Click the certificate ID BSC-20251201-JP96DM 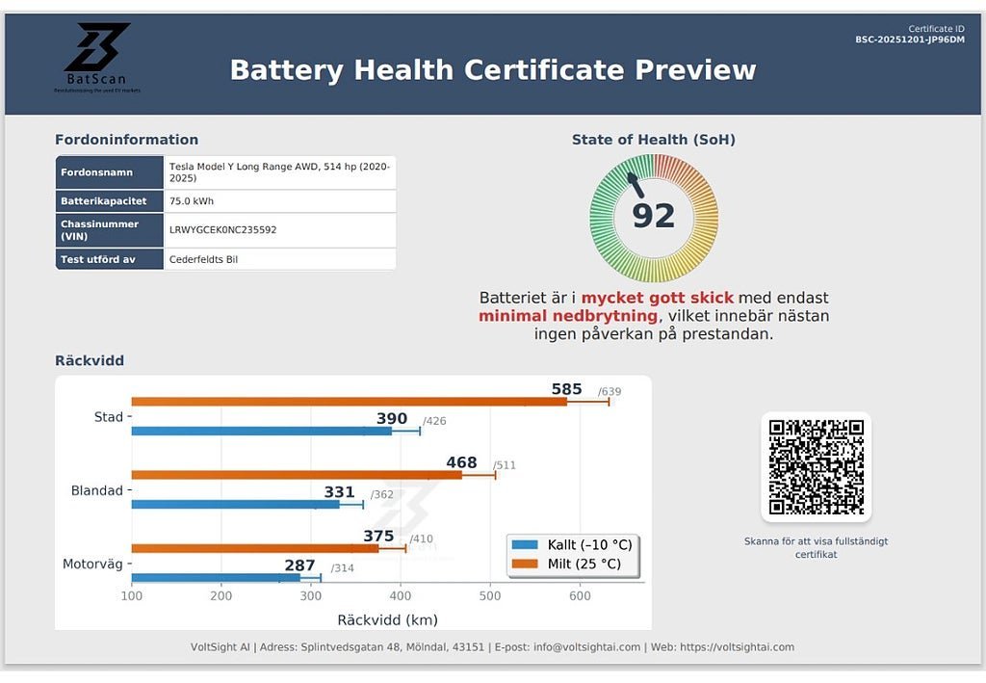(x=910, y=40)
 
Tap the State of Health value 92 (x=653, y=216)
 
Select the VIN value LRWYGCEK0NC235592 (x=222, y=230)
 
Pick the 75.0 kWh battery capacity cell (x=192, y=201)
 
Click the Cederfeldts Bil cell (x=204, y=259)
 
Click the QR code (x=816, y=467)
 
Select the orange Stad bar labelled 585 (x=347, y=401)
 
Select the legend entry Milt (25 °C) (x=574, y=564)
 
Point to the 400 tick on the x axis (x=401, y=597)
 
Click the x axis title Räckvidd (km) (x=387, y=620)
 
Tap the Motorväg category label (x=93, y=565)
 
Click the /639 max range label (x=610, y=391)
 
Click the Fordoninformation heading (x=126, y=140)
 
